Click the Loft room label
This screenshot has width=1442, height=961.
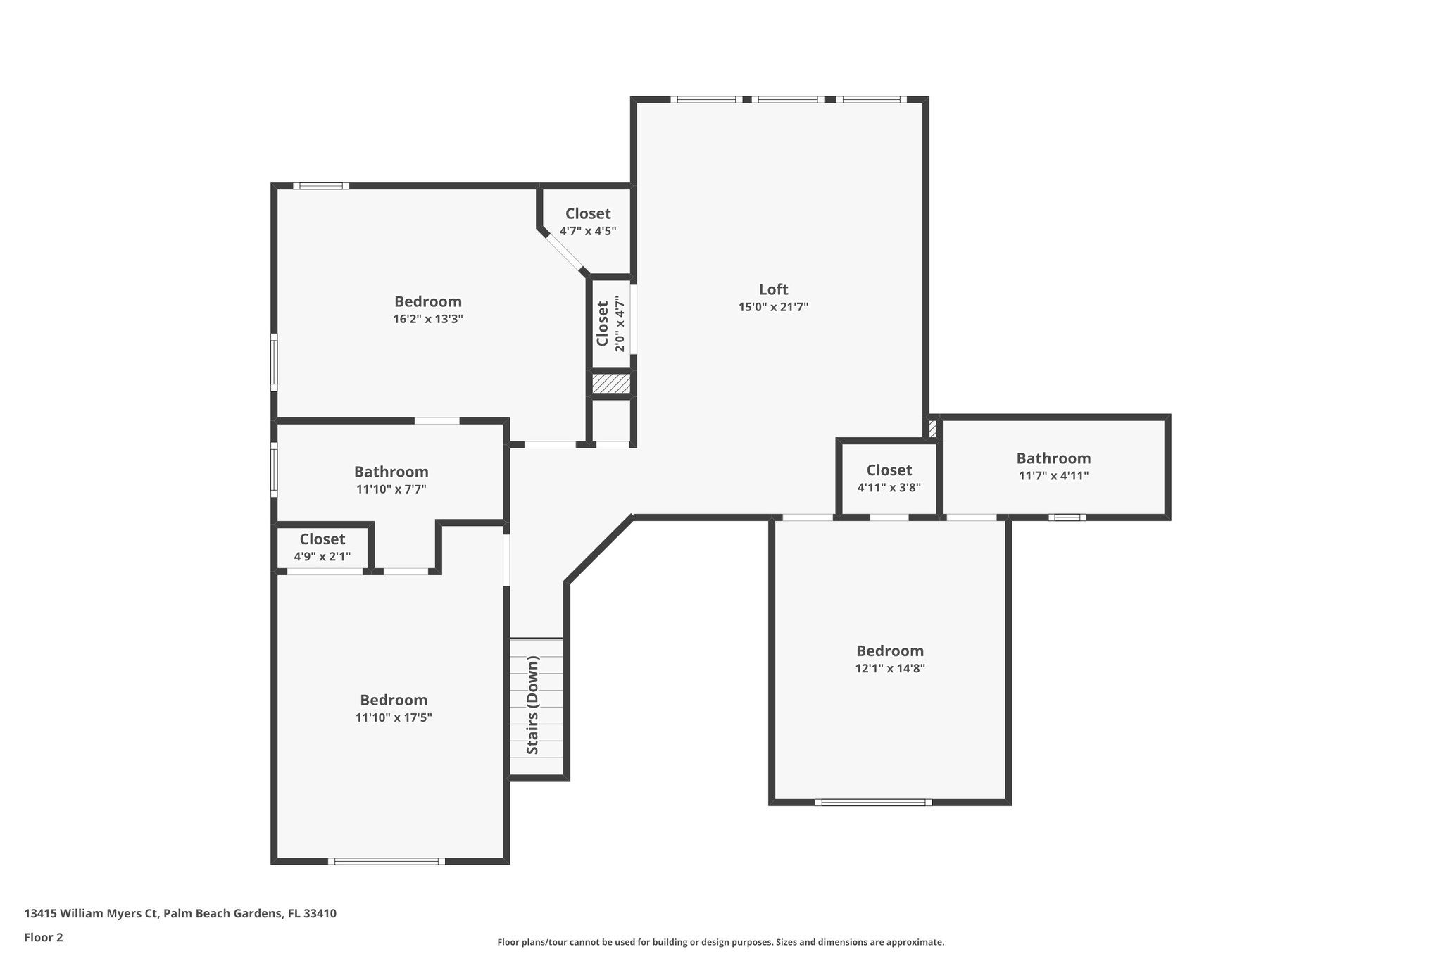pyautogui.click(x=773, y=289)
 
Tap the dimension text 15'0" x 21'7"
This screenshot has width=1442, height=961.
pyautogui.click(x=773, y=307)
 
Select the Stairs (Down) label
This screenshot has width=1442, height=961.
pyautogui.click(x=533, y=705)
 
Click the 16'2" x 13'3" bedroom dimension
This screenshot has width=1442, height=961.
pyautogui.click(x=427, y=319)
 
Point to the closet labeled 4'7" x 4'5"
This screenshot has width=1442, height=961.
pyautogui.click(x=588, y=221)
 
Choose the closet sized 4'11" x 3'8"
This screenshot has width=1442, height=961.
pyautogui.click(x=889, y=477)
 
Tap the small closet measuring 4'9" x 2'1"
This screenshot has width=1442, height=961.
pyautogui.click(x=322, y=547)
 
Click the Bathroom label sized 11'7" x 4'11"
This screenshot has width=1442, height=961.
pyautogui.click(x=1053, y=458)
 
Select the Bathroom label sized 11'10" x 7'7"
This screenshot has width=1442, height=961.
pyautogui.click(x=391, y=472)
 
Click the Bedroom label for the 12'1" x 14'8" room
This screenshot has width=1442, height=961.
pyautogui.click(x=889, y=651)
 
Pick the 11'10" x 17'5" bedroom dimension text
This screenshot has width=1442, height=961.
pyautogui.click(x=394, y=717)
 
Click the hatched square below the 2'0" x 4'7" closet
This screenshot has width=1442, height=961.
pyautogui.click(x=610, y=384)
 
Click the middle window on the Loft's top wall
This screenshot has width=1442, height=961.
pyautogui.click(x=787, y=100)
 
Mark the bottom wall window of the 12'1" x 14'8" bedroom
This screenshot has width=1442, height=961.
pyautogui.click(x=873, y=802)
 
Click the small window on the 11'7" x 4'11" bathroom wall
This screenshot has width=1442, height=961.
pyautogui.click(x=1067, y=517)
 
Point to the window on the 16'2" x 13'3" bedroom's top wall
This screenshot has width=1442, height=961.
pyautogui.click(x=321, y=186)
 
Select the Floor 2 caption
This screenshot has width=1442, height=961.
pyautogui.click(x=44, y=937)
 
